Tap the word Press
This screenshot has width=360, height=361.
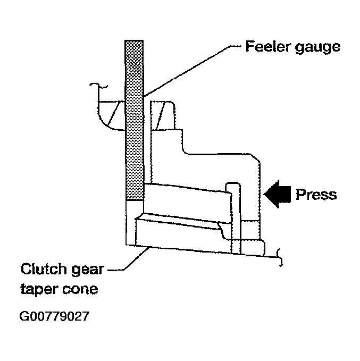click(316, 195)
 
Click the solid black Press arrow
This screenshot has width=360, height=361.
click(277, 194)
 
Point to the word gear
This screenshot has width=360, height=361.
click(87, 270)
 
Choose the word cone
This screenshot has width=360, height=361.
click(80, 290)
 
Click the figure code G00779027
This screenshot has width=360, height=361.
click(54, 316)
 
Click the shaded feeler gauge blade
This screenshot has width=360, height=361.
click(135, 120)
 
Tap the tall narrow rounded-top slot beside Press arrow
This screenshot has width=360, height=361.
click(235, 218)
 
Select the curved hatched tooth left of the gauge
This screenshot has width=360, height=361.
click(111, 115)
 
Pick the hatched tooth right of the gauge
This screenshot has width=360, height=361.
click(162, 115)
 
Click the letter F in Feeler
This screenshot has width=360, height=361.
click(250, 46)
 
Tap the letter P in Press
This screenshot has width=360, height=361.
click(300, 194)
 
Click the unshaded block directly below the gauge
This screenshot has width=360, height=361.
click(135, 223)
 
